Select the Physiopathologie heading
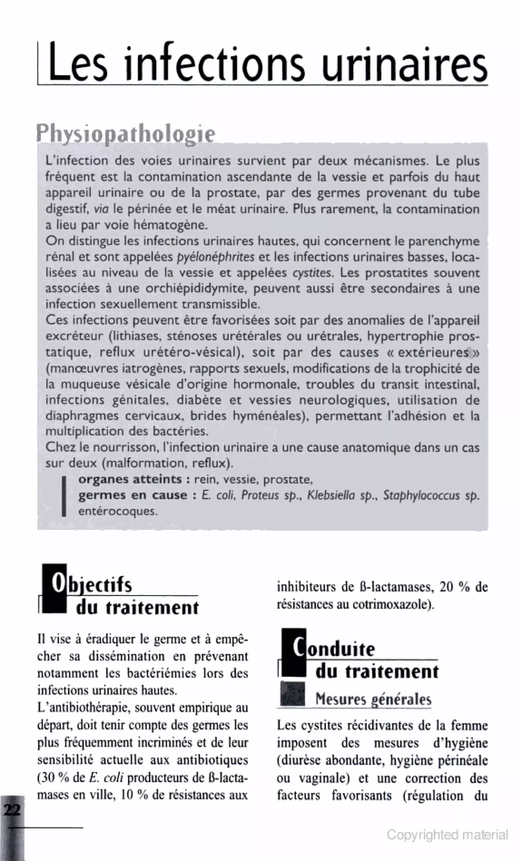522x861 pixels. [x=126, y=133]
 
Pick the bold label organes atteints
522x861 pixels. [x=130, y=479]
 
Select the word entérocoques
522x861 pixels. [x=118, y=511]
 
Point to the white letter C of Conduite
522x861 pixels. [x=298, y=648]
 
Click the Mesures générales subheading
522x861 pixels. [x=373, y=699]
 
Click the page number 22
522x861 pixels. [x=12, y=809]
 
